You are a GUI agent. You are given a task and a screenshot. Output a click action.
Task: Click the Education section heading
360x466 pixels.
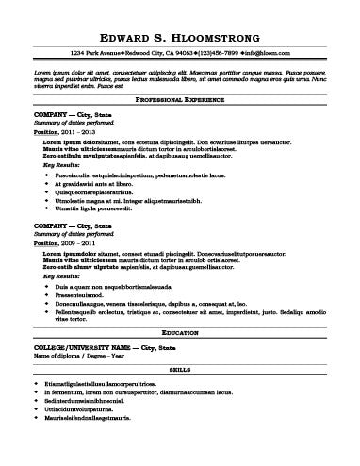click(x=179, y=335)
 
